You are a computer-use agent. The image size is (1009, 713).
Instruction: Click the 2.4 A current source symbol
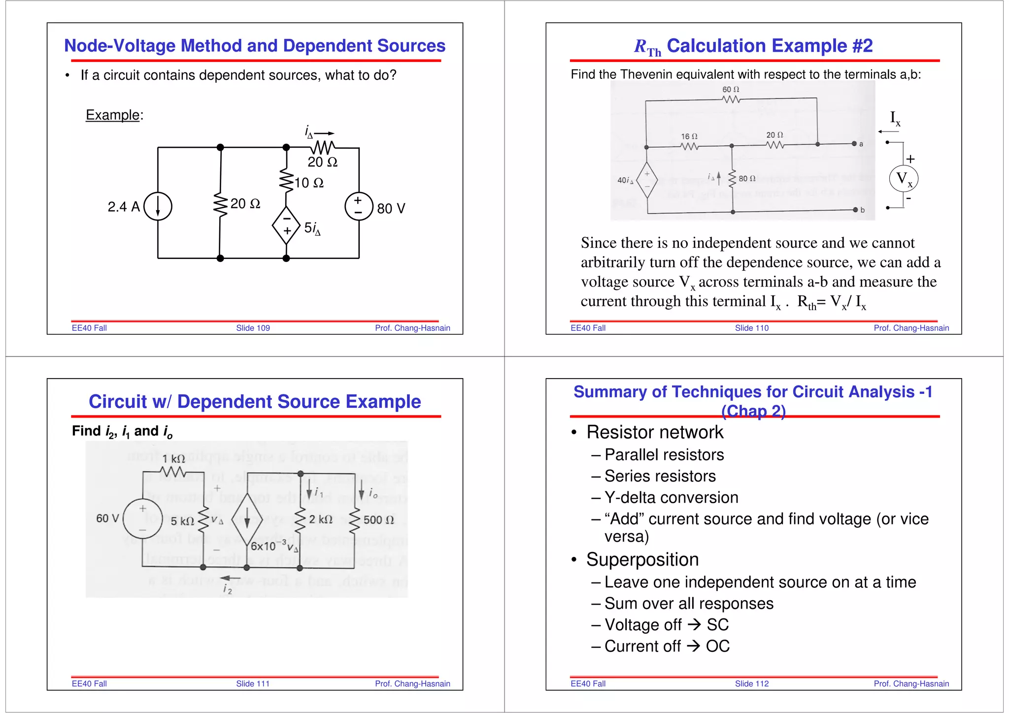coord(158,206)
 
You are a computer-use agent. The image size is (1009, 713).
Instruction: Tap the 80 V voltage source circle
coord(359,206)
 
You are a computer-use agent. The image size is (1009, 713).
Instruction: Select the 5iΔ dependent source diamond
coord(286,226)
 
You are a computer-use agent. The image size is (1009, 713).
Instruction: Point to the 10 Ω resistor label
coord(309,183)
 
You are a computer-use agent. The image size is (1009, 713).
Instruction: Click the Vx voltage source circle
coord(904,179)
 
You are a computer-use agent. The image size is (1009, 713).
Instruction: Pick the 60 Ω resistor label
coord(731,89)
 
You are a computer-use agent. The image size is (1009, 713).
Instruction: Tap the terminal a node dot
coord(854,144)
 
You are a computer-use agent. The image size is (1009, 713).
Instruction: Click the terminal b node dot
coord(855,210)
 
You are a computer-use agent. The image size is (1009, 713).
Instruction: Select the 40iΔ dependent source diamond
coord(647,180)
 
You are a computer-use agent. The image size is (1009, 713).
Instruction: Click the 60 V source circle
coord(142,519)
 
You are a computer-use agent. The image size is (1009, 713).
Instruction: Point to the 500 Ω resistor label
coord(378,520)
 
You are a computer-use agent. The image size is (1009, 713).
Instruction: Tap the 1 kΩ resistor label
coord(173,459)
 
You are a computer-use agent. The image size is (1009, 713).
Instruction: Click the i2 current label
coord(227,588)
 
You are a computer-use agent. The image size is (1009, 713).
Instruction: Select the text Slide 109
coord(253,328)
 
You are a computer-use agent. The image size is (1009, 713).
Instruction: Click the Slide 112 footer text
coord(751,683)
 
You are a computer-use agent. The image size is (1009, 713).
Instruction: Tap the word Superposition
coord(642,560)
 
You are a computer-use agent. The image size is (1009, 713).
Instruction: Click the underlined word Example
coord(112,115)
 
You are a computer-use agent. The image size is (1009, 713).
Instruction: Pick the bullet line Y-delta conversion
coord(671,498)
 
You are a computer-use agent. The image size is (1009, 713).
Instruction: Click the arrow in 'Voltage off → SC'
coord(694,625)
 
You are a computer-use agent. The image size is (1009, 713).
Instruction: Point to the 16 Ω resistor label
coord(689,136)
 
